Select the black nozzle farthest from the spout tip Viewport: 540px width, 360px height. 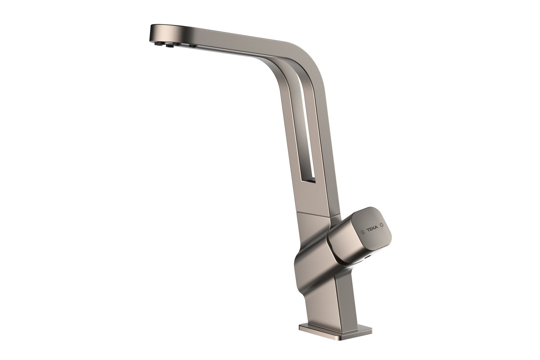192,46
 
